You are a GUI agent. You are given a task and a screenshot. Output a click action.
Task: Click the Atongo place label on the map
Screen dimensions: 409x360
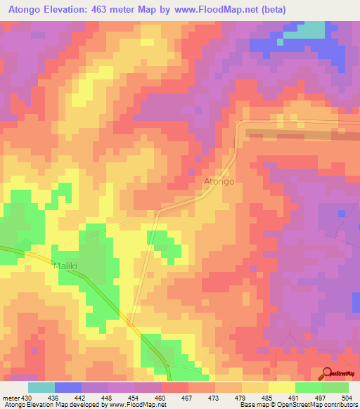pos(219,181)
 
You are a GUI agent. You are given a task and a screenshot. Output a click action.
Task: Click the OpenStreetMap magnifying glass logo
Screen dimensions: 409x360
pos(328,372)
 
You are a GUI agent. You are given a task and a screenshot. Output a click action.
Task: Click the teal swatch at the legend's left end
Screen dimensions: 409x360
pos(41,387)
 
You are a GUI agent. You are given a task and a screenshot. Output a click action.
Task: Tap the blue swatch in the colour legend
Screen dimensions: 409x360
pos(68,387)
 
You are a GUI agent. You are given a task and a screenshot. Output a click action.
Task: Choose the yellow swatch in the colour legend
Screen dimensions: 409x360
pos(282,387)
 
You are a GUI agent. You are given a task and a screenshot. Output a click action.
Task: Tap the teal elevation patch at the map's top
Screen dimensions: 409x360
pos(309,30)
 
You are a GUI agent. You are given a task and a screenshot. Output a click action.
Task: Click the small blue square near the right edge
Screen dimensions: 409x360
pos(342,212)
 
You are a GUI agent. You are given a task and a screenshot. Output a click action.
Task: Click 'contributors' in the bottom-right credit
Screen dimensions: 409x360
pos(339,405)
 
